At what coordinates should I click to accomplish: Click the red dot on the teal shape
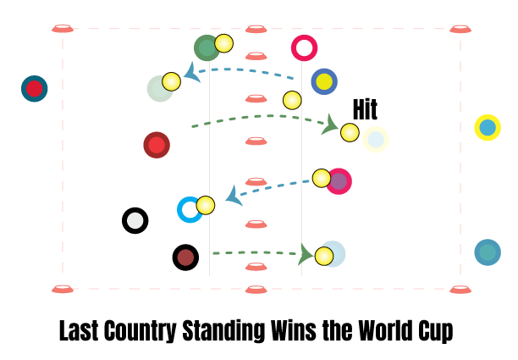point(34,88)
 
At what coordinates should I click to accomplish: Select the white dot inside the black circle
point(135,220)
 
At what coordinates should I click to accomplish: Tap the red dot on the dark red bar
point(157,145)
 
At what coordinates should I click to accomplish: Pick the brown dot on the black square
point(185,258)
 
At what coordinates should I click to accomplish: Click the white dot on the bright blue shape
point(190,209)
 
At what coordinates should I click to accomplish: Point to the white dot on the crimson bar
point(304,48)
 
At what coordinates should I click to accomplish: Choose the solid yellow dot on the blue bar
point(324,81)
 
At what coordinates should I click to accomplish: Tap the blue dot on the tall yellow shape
point(488,128)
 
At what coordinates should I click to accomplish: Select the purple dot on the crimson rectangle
point(339,181)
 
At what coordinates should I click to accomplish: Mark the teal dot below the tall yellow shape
point(488,252)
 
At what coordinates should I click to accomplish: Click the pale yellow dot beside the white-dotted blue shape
point(206,205)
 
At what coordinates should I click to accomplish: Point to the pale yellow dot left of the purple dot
point(322,178)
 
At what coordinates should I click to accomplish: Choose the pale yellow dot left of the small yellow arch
point(350,132)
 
